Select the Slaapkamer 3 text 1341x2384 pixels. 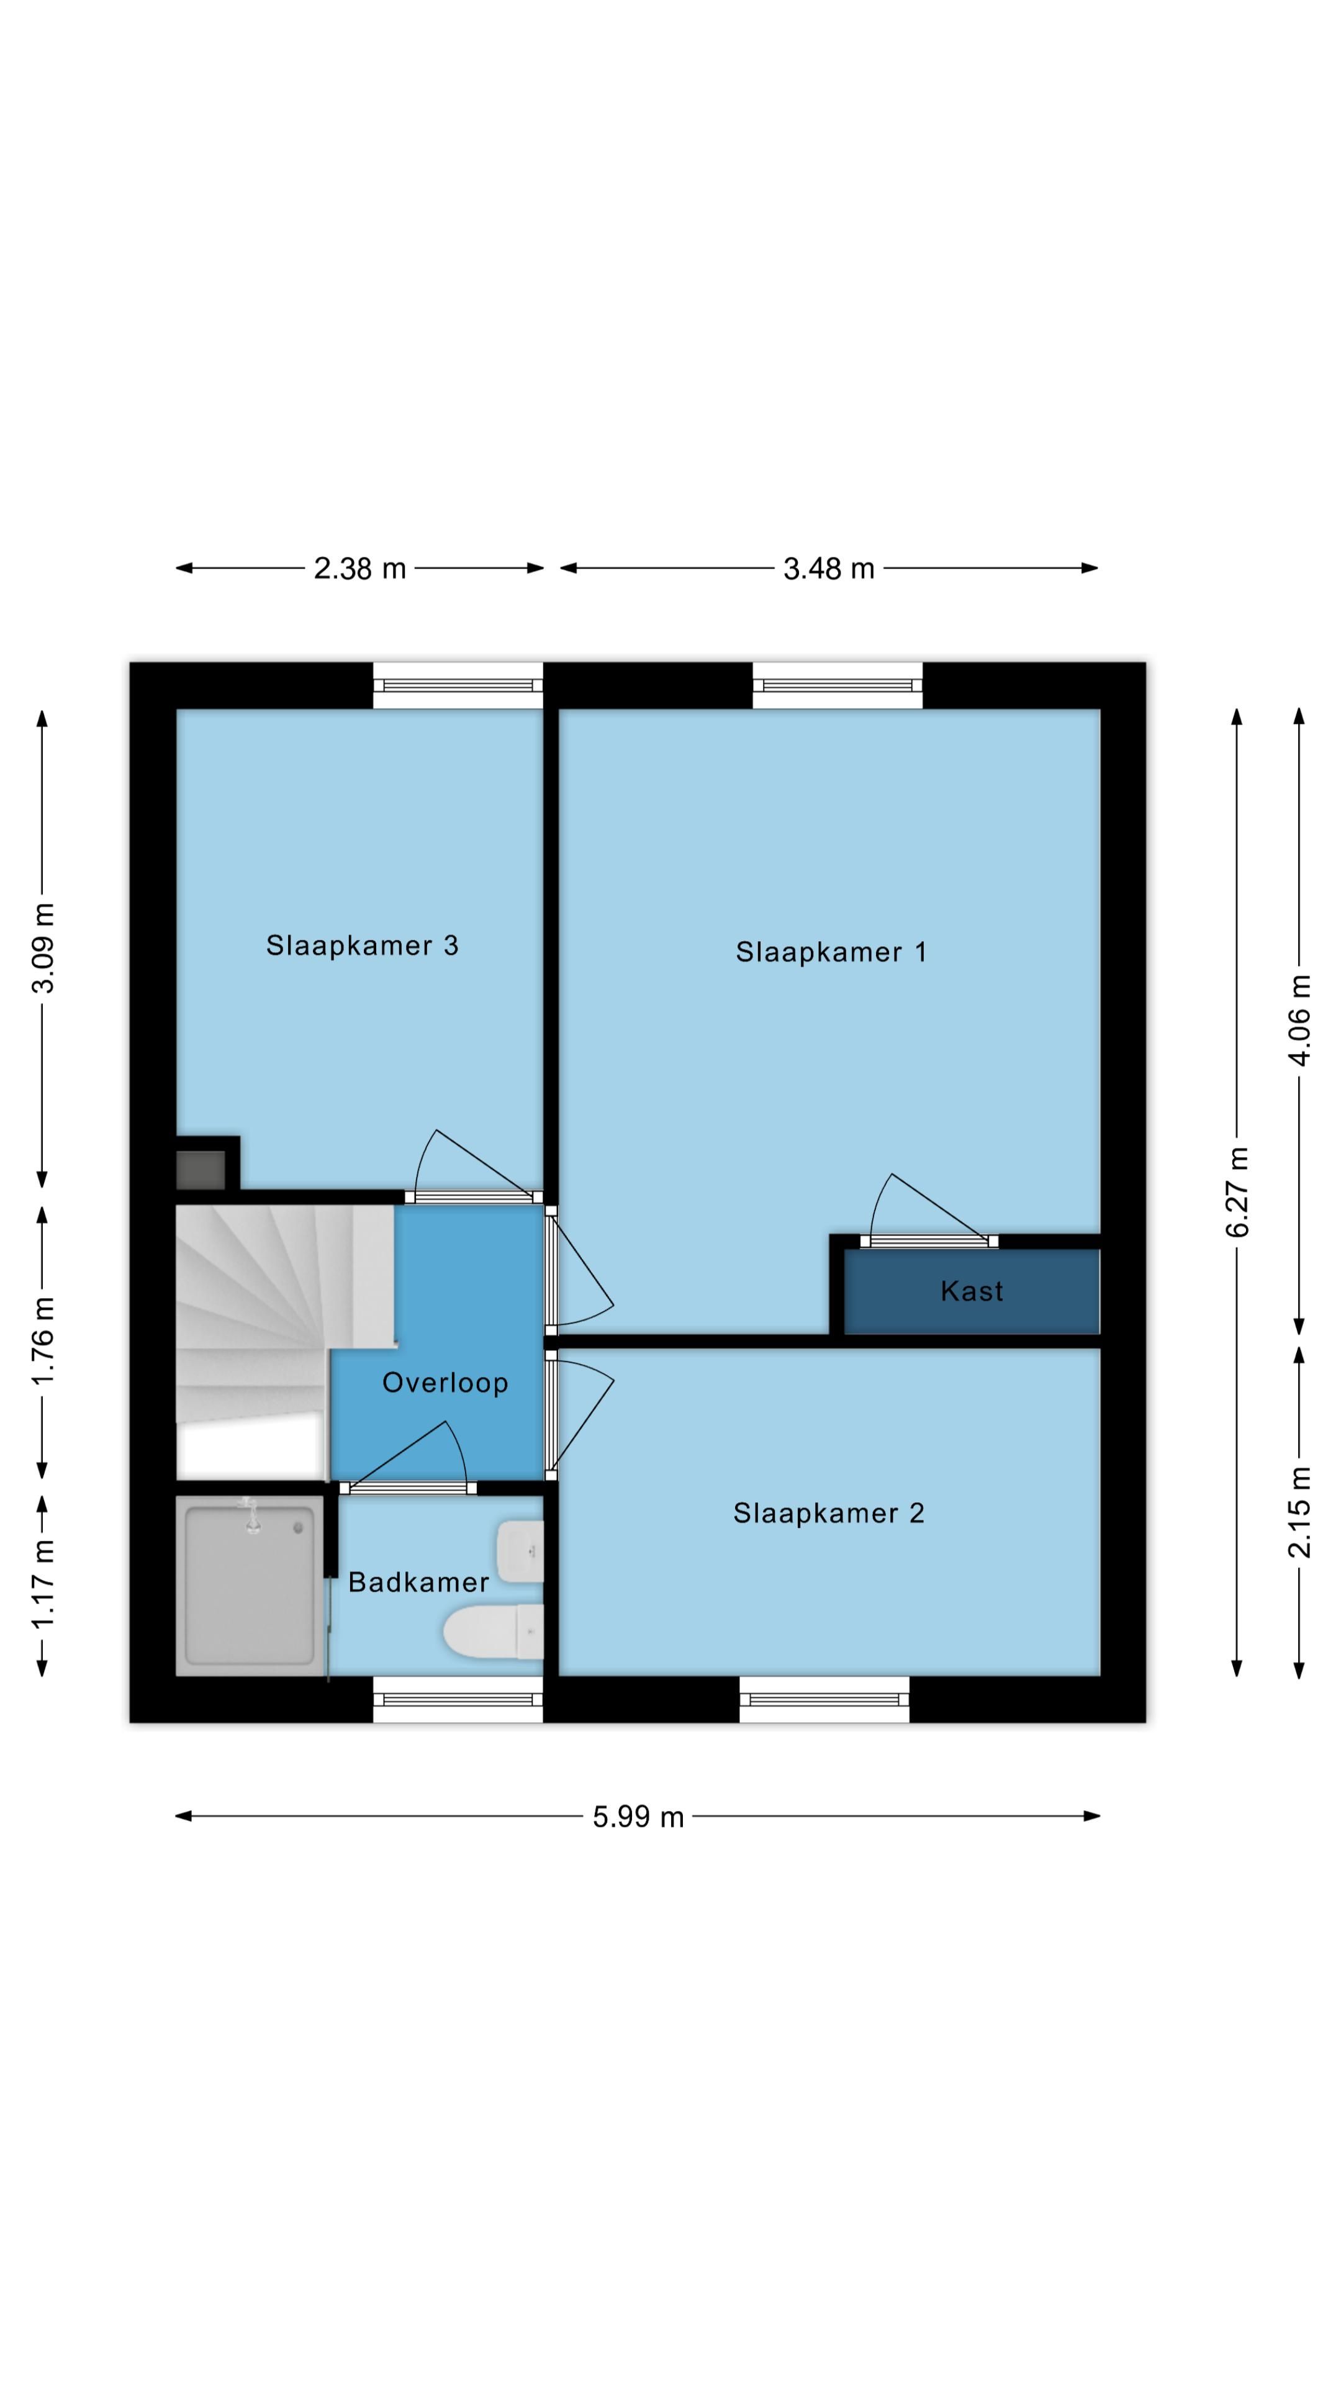tap(362, 945)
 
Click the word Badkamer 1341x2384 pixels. tap(418, 1582)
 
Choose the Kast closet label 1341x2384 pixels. tap(972, 1291)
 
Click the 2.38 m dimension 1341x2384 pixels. tap(360, 568)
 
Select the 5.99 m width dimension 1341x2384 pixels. tap(639, 1817)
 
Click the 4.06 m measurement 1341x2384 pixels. tap(1299, 1020)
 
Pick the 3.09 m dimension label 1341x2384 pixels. tap(43, 947)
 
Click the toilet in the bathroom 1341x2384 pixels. tap(494, 1631)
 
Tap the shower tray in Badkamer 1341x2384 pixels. tap(250, 1586)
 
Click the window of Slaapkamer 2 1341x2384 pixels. tap(824, 1699)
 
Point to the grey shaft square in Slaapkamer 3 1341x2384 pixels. tap(201, 1170)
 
